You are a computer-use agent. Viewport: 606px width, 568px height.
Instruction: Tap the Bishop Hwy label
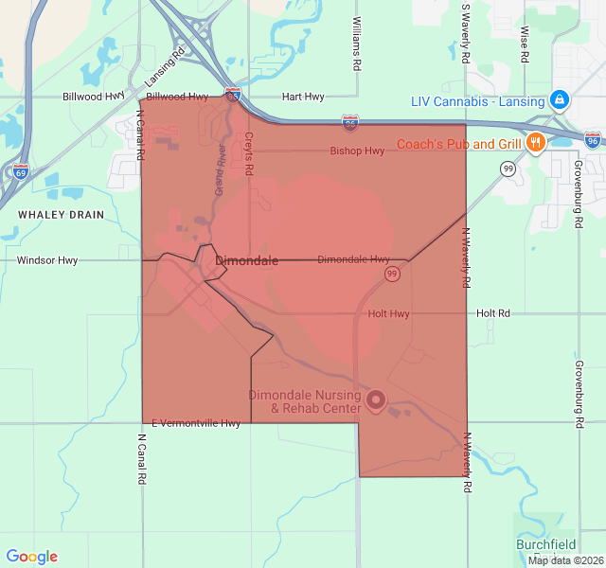click(x=357, y=151)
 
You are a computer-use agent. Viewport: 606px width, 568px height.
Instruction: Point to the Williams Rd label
click(x=357, y=44)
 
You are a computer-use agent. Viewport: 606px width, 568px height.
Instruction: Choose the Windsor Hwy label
click(x=47, y=259)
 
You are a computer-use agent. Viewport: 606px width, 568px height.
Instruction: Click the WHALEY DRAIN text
click(x=61, y=215)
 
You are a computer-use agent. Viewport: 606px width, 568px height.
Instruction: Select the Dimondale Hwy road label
click(x=353, y=258)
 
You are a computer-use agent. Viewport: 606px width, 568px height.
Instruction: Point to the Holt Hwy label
click(x=388, y=313)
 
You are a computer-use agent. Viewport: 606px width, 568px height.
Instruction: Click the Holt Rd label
click(x=493, y=313)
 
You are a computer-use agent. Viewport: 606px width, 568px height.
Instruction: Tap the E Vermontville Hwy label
click(x=195, y=423)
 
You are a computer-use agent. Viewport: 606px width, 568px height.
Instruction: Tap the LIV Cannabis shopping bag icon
click(x=561, y=99)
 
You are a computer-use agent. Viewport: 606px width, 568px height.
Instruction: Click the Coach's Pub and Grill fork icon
click(x=536, y=144)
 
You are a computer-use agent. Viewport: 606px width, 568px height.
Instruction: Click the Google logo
click(x=31, y=557)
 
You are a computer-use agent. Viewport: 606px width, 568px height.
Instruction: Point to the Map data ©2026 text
click(x=564, y=560)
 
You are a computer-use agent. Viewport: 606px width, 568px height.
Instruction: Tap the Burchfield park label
click(x=545, y=544)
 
